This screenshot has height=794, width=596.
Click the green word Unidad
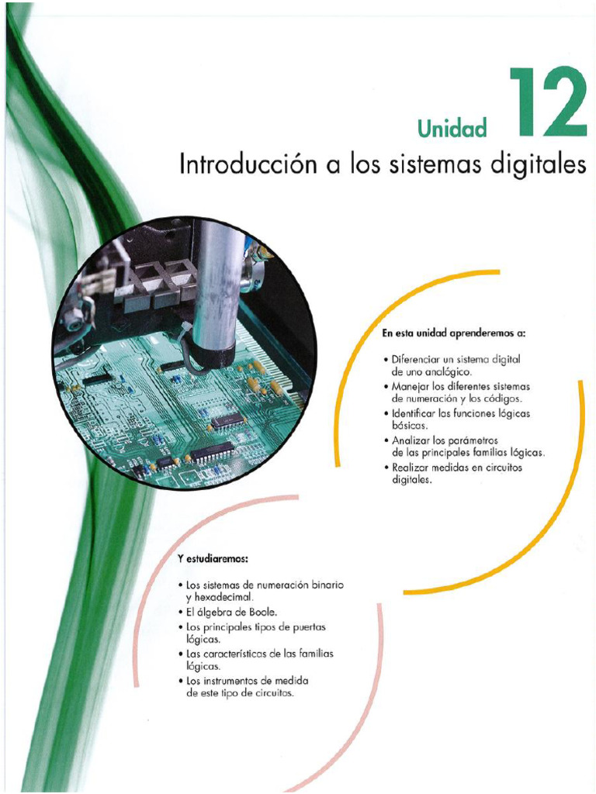(452, 129)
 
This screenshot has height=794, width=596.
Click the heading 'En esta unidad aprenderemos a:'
(453, 333)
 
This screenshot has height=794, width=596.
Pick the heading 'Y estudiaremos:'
(213, 560)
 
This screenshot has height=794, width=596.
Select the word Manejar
(407, 386)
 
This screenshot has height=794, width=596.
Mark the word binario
(327, 585)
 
